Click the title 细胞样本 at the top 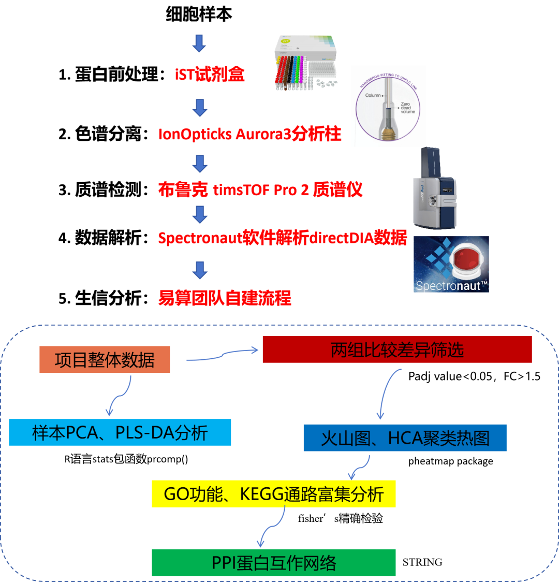pos(199,14)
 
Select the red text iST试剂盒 pos(210,74)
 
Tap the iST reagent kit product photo pos(305,63)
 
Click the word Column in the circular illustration pos(373,95)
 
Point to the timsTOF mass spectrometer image pos(434,188)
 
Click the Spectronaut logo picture pos(451,265)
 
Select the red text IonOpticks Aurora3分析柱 pos(250,134)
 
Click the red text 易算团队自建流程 pos(225,298)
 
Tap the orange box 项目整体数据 pos(105,359)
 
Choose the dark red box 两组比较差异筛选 pos(398,349)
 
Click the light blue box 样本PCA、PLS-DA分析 pos(120,432)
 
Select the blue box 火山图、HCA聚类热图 pos(405,438)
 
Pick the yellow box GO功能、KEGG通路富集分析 pos(274,494)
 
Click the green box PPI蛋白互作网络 pos(274,563)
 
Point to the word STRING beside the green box pos(422,562)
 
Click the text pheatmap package pos(450,461)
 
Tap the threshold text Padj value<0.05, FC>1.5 pos(474,376)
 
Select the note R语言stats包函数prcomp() pos(126,459)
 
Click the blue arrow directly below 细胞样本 pos(199,43)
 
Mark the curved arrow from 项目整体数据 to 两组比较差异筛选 pos(222,356)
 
